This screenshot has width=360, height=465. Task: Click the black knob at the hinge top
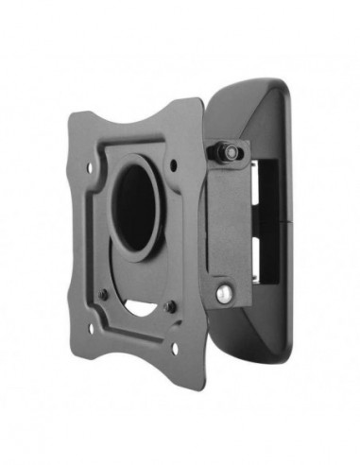pos(229,152)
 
